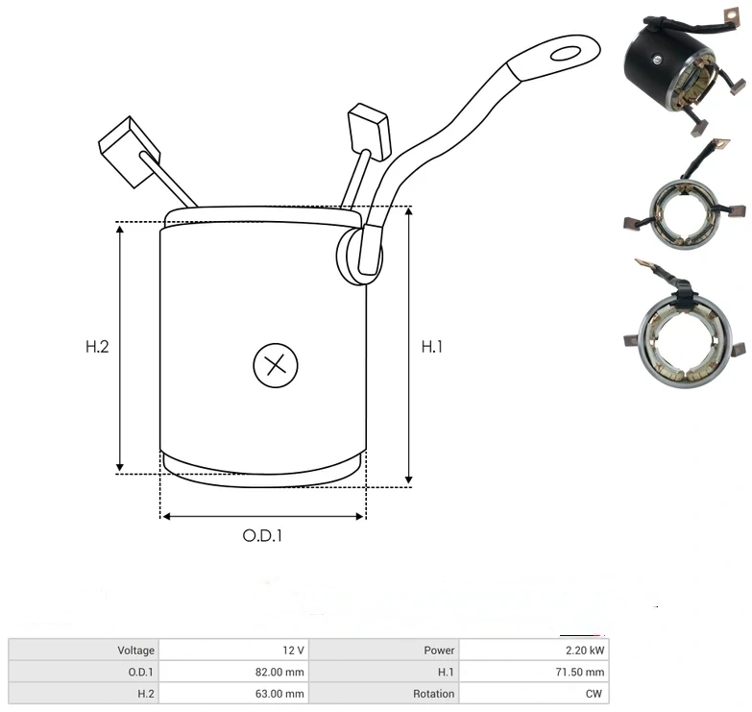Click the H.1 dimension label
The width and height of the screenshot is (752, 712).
tap(431, 347)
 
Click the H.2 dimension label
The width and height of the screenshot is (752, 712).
tap(97, 347)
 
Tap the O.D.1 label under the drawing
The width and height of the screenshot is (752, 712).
tap(262, 535)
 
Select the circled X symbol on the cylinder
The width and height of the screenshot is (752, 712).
tap(276, 365)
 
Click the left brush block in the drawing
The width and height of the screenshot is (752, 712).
tap(129, 152)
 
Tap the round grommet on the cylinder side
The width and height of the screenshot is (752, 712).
tap(359, 256)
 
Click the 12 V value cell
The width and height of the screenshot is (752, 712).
tap(233, 651)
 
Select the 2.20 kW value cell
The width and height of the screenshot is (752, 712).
tap(534, 651)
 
